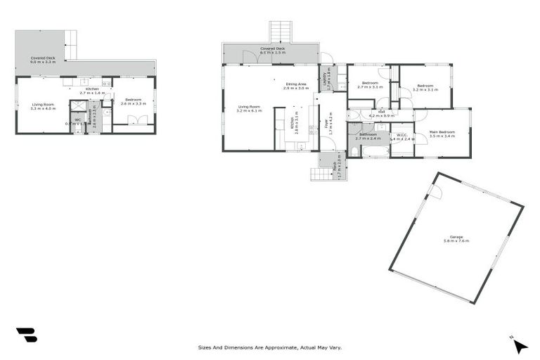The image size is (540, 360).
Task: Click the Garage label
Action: click(x=456, y=237)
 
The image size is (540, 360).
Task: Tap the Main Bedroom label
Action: click(x=442, y=131)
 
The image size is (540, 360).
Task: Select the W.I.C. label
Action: click(x=402, y=135)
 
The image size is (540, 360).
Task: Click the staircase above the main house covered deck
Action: click(x=280, y=32)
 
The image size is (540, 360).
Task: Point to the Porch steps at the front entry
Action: click(x=319, y=174)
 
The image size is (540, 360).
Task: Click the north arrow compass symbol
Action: click(x=518, y=345)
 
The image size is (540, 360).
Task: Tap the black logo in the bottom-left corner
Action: click(x=26, y=335)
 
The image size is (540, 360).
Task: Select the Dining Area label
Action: click(x=296, y=84)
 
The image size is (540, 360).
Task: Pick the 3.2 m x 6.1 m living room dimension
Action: click(x=249, y=111)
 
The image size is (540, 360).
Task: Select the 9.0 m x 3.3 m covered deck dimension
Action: click(x=43, y=63)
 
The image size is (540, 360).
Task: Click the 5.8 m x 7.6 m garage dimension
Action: click(x=456, y=241)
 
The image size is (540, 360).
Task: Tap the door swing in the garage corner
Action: click(x=435, y=192)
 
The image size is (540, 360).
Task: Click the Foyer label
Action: click(x=327, y=124)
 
